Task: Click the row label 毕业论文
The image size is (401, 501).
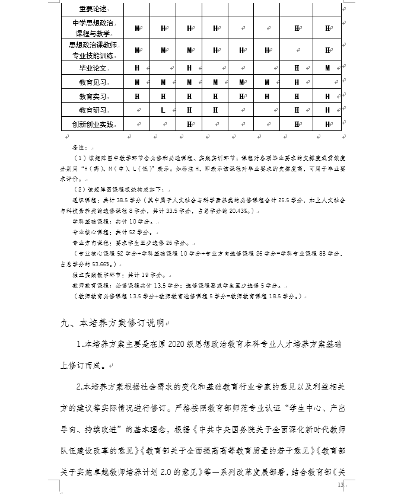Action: [x=91, y=68]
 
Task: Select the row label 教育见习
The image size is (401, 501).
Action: [x=91, y=82]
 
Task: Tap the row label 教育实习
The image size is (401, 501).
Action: [x=91, y=96]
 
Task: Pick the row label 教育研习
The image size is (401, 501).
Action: [x=91, y=110]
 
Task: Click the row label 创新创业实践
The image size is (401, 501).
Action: [x=91, y=125]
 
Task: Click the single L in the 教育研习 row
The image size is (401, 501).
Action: [x=163, y=110]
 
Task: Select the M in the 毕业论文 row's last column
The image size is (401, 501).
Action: [x=327, y=68]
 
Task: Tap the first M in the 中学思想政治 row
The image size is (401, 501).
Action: [x=137, y=28]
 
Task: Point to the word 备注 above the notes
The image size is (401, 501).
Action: [x=79, y=146]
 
